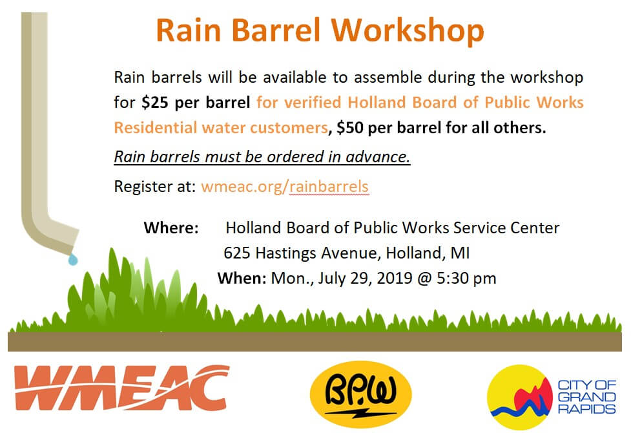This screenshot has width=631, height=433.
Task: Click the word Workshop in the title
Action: (408, 31)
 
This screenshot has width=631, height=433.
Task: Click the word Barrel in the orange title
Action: (276, 30)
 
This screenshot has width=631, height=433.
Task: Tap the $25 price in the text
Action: (154, 102)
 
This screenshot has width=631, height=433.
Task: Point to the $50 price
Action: (350, 128)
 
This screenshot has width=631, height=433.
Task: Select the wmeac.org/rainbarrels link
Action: (285, 187)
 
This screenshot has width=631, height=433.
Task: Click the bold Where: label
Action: (171, 228)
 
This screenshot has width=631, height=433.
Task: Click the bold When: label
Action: (242, 279)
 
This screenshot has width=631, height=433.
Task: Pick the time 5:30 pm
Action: (466, 279)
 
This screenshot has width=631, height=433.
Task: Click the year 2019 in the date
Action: (395, 279)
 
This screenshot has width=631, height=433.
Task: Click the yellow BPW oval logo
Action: (360, 394)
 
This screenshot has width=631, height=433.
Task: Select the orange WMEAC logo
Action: (121, 388)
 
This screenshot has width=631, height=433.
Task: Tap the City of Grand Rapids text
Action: (586, 397)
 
